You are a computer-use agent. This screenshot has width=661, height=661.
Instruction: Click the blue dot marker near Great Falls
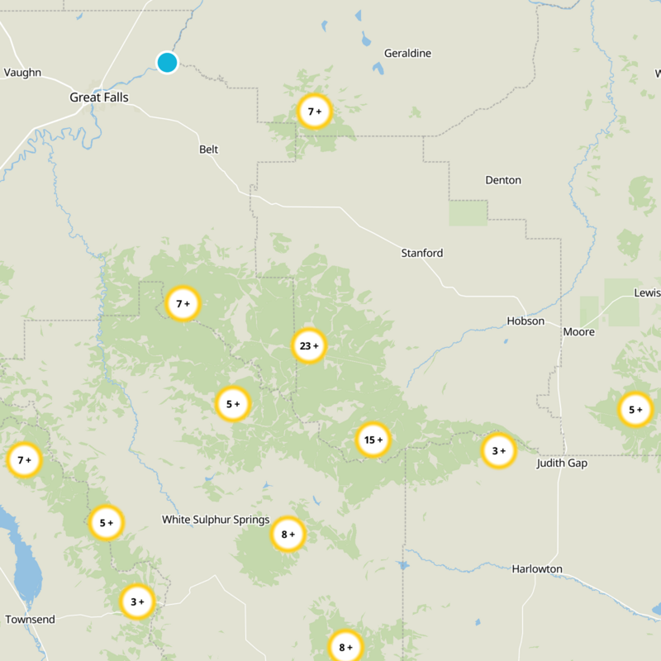(x=168, y=62)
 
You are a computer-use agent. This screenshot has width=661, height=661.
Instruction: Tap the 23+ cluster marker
(x=310, y=346)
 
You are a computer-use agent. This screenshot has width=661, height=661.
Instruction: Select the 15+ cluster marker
(x=372, y=440)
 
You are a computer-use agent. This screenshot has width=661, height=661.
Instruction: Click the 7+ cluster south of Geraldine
(x=314, y=111)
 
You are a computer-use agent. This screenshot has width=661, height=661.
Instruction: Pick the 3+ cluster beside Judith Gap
(x=498, y=451)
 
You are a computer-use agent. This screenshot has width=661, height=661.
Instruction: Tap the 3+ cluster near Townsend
(x=137, y=602)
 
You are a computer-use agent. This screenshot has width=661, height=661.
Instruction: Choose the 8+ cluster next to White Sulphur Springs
(x=288, y=534)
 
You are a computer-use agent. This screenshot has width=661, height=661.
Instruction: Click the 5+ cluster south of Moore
(x=635, y=410)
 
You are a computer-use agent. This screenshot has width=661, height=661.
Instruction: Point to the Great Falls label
(x=98, y=97)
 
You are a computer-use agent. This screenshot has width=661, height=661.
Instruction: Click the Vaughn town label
(x=22, y=73)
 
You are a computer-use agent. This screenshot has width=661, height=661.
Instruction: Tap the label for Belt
(x=209, y=150)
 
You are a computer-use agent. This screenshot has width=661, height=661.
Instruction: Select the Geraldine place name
(x=407, y=54)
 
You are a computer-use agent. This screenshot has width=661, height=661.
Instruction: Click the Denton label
(x=503, y=180)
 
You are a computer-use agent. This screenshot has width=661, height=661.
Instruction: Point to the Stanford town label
(x=421, y=253)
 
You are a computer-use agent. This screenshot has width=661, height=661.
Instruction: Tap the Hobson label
(x=525, y=321)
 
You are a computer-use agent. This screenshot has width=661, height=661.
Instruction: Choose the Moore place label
(x=578, y=332)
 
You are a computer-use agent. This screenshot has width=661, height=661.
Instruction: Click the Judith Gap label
(x=562, y=464)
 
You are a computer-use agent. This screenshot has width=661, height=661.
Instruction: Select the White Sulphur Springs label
(x=216, y=520)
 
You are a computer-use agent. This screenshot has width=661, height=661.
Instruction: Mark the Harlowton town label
(x=537, y=569)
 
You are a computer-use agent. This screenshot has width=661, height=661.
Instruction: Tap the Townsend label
(x=30, y=620)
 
